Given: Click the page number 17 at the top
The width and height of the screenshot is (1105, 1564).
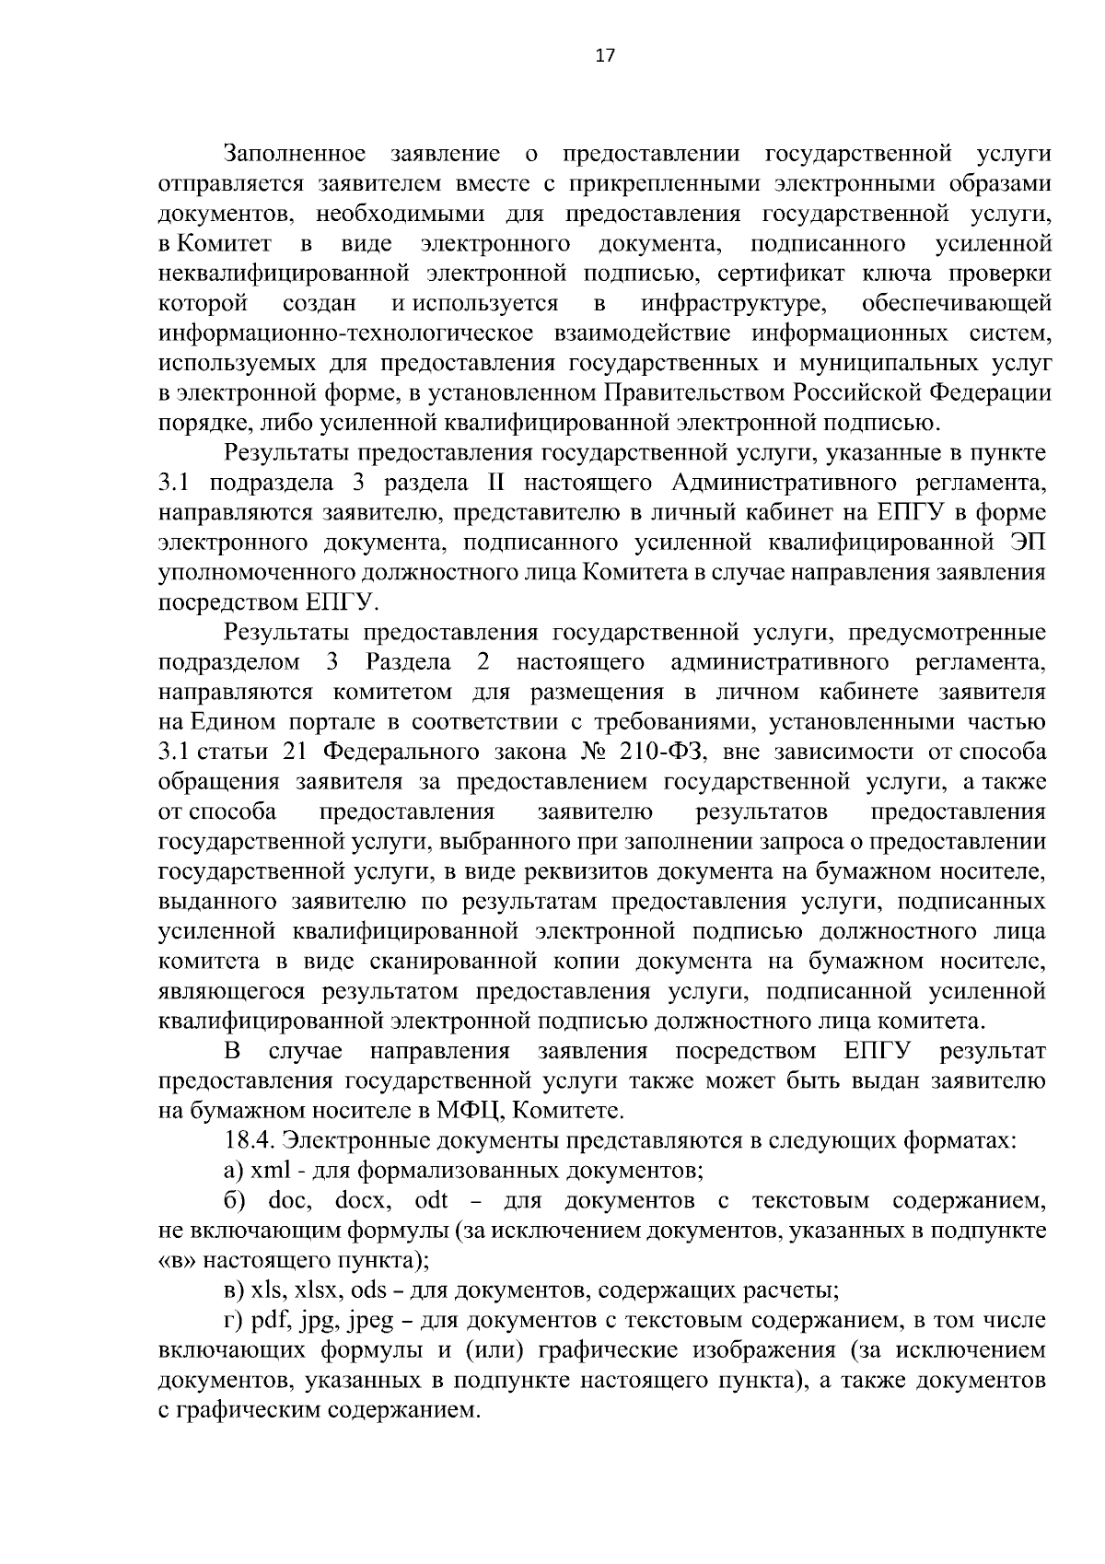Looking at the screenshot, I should point(604,56).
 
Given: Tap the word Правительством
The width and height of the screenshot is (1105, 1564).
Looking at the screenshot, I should point(693,393).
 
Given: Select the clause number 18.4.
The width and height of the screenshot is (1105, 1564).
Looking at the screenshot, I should point(250,1140).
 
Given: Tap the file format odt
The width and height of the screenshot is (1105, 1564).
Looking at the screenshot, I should point(432,1201).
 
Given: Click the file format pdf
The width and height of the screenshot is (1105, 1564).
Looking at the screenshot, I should point(269,1321).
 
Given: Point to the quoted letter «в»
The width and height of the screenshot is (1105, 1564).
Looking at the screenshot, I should point(177,1260).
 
